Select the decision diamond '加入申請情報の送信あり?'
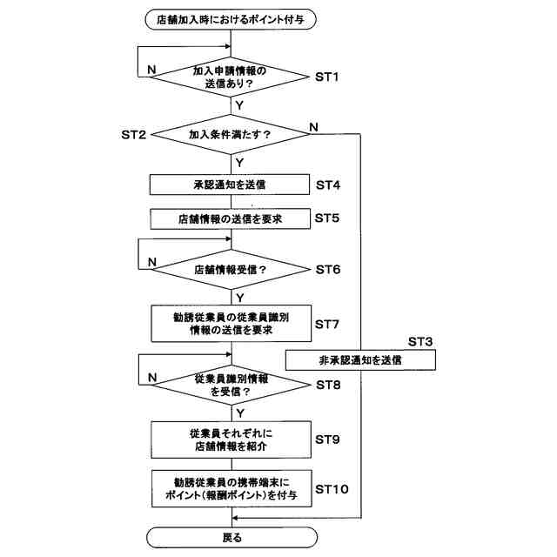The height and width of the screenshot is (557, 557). point(231,77)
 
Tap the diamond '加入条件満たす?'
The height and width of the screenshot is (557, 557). point(231,135)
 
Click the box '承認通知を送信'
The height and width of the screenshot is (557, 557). point(231,185)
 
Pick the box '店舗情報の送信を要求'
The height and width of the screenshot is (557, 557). point(231,218)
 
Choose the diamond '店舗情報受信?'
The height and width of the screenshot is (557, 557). point(231,269)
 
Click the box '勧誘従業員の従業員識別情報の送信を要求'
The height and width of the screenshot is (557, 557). point(231,323)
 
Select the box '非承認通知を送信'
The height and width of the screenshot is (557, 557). point(359,359)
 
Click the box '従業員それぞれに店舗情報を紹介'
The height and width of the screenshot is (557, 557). point(231,439)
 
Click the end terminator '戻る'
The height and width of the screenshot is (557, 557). point(231,537)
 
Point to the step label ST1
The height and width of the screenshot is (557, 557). point(332,77)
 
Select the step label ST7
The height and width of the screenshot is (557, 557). point(332,324)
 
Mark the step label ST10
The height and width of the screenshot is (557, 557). point(335,489)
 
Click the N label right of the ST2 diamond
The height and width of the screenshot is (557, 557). point(313,127)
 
